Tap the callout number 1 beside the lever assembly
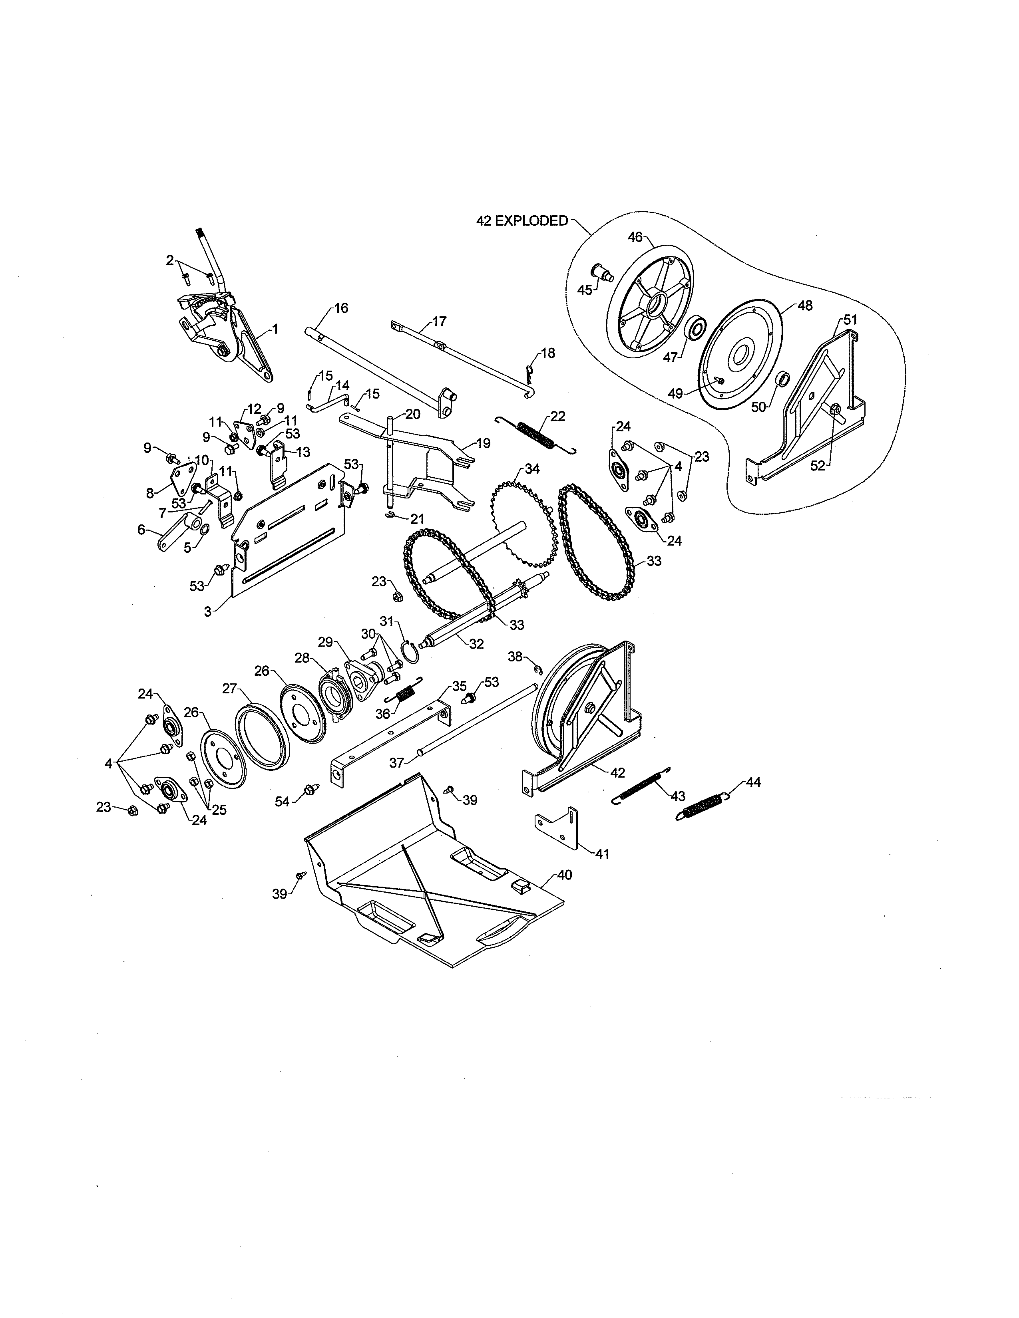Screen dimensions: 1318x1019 point(275,329)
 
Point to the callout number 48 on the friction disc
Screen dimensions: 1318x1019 point(805,306)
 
